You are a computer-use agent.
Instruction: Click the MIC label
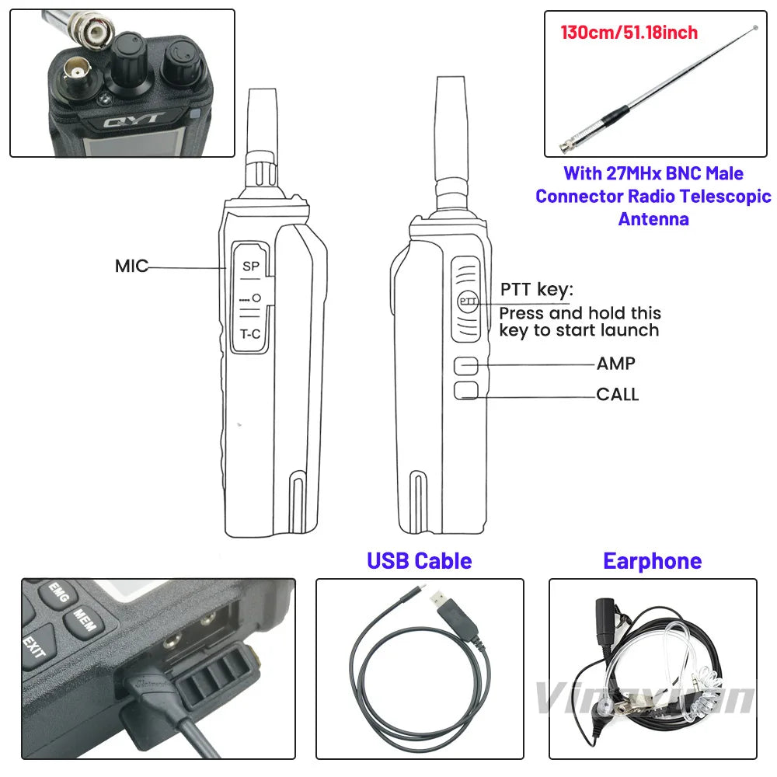click(x=131, y=267)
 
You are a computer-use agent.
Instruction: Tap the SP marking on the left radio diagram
click(x=250, y=267)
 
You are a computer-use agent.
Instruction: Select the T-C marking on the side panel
click(x=250, y=335)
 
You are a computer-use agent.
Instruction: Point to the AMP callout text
click(x=615, y=364)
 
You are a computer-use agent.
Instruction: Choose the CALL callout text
click(x=617, y=395)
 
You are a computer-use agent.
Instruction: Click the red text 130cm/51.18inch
click(x=629, y=33)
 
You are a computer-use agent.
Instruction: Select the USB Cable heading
click(x=419, y=560)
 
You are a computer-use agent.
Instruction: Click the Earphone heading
click(x=652, y=560)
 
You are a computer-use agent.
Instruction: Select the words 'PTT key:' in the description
click(x=536, y=290)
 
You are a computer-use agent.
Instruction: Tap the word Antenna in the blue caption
click(x=653, y=219)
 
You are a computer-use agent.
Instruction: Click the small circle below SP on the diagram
click(x=256, y=298)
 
